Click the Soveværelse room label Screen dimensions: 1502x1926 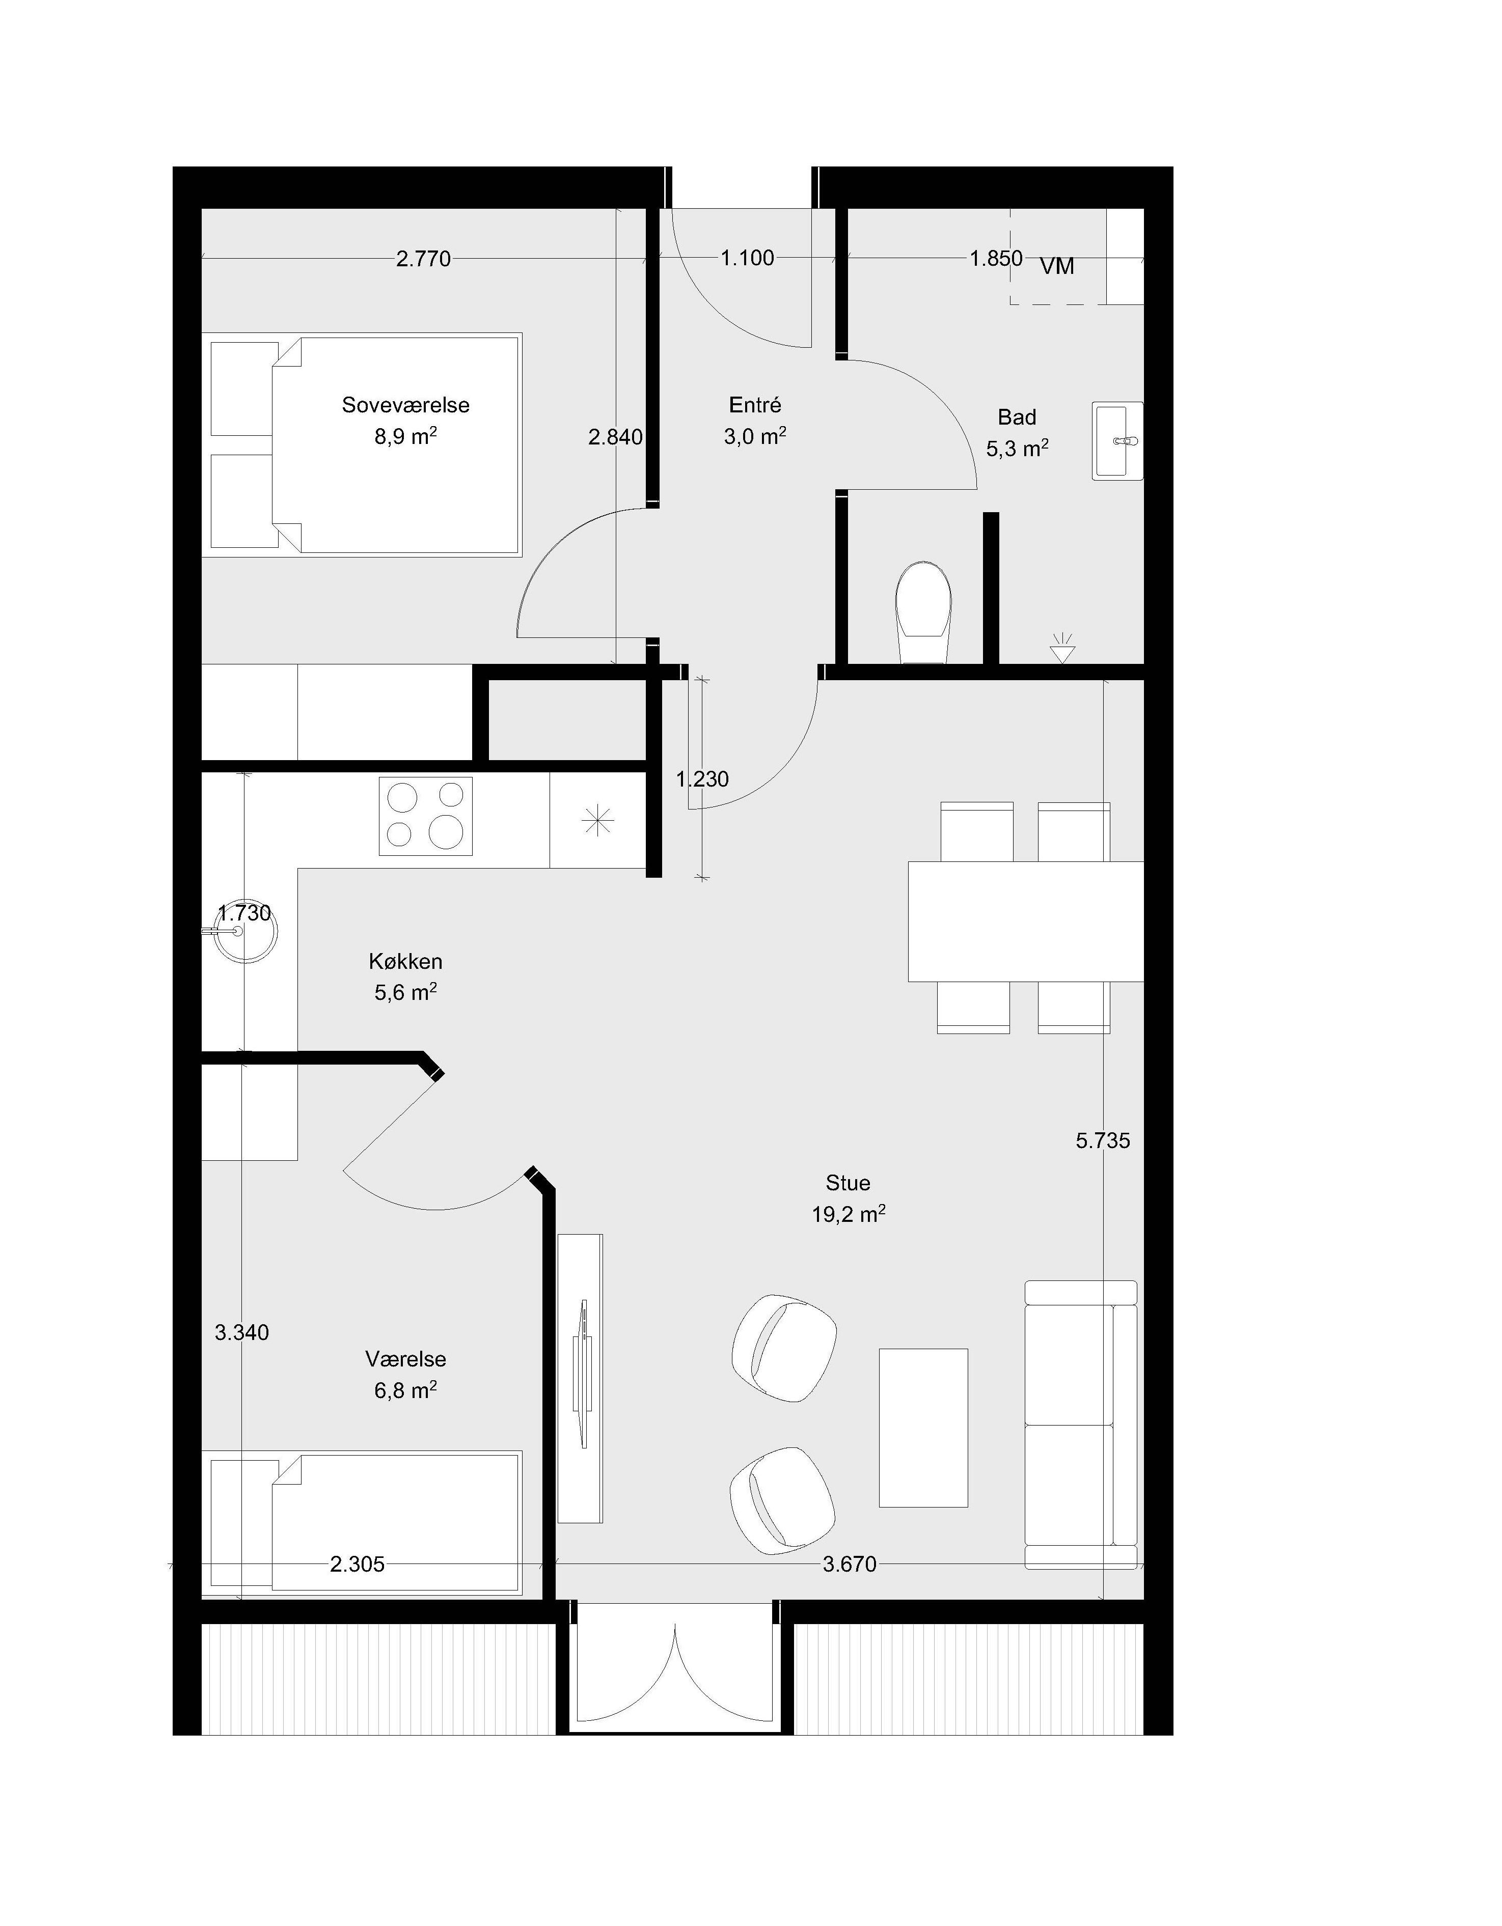pos(406,406)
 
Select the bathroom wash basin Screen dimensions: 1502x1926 pos(1117,441)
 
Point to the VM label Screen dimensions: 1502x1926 pos(1057,266)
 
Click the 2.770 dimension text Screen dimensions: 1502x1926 pos(423,259)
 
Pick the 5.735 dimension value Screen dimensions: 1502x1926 pos(1103,1141)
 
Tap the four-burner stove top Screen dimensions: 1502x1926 pos(426,816)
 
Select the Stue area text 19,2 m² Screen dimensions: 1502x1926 pos(849,1214)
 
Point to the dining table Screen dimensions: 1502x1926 pos(1026,922)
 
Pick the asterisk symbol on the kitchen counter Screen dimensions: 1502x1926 pos(598,822)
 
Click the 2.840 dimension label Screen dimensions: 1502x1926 pos(616,436)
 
